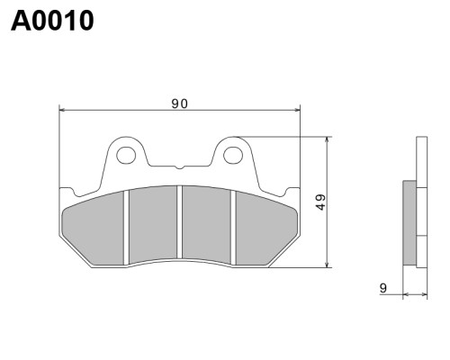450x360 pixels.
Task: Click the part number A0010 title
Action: coord(52,21)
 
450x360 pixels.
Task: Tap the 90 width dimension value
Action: coord(180,103)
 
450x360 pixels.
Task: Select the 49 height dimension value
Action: coord(320,202)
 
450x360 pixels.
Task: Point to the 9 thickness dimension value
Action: coord(383,288)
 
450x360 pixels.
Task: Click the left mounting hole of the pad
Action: coord(126,155)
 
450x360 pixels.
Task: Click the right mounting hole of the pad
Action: coord(233,155)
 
